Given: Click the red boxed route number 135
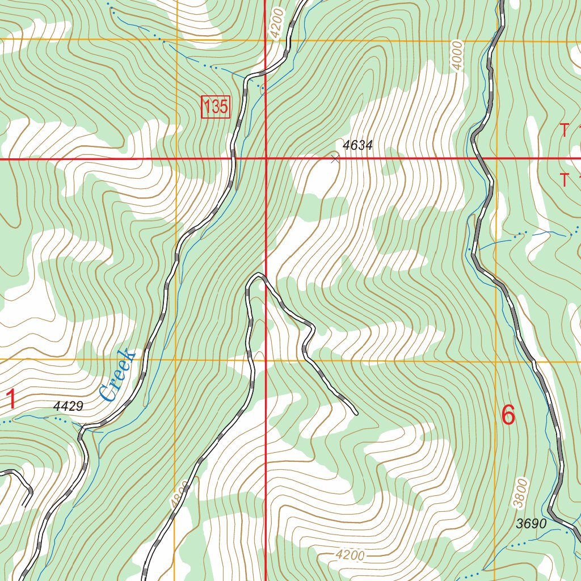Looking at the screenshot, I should [x=216, y=107].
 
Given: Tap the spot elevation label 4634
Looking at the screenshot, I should [x=357, y=145].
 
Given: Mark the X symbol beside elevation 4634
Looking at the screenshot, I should [x=335, y=159].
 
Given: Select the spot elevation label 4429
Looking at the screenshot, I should [x=69, y=406].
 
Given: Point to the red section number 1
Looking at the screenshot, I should [x=10, y=399].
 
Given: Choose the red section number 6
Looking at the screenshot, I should [x=508, y=415].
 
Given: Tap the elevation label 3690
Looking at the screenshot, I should [x=531, y=524].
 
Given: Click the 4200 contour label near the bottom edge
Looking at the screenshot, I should [x=350, y=555].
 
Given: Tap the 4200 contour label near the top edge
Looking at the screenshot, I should [x=276, y=23].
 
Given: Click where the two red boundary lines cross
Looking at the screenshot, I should [x=266, y=159].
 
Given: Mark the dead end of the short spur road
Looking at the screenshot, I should [x=356, y=412].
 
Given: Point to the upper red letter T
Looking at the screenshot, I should [x=564, y=130].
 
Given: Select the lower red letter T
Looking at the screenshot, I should [x=564, y=180].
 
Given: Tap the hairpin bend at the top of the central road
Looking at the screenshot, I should [x=258, y=276].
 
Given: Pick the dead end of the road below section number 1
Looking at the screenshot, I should [x=24, y=504].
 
